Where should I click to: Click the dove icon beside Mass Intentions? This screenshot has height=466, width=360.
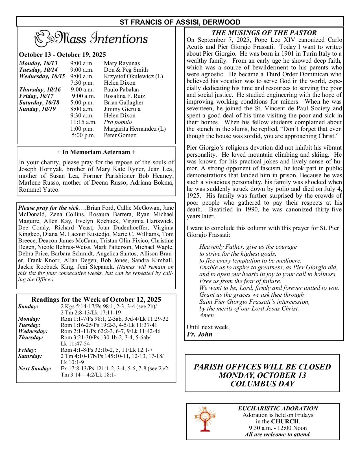click(x=44, y=38)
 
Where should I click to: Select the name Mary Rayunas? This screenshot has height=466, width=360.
click(x=122, y=63)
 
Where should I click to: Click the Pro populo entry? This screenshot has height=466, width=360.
click(x=118, y=122)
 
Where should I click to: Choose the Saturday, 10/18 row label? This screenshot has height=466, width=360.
click(x=39, y=102)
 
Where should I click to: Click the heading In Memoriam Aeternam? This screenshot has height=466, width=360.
click(x=96, y=152)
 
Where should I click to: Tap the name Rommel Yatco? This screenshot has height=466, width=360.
click(x=39, y=189)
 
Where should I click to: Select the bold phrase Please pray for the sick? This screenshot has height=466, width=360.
click(x=48, y=208)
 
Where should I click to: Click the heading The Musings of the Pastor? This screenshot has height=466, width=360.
click(x=264, y=33)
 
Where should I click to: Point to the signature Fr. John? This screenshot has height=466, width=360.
click(x=199, y=334)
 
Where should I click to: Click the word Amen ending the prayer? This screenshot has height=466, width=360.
click(x=206, y=315)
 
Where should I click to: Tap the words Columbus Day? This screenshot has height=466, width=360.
click(x=262, y=384)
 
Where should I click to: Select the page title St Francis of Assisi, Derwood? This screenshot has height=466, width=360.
click(x=180, y=22)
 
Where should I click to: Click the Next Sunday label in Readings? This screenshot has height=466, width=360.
click(x=35, y=368)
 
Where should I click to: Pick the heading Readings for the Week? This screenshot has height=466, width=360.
click(x=96, y=299)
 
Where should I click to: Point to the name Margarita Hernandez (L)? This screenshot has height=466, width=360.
click(x=135, y=129)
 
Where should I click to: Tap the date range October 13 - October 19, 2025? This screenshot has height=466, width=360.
click(x=62, y=54)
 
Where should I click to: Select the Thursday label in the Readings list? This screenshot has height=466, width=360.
click(x=30, y=337)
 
